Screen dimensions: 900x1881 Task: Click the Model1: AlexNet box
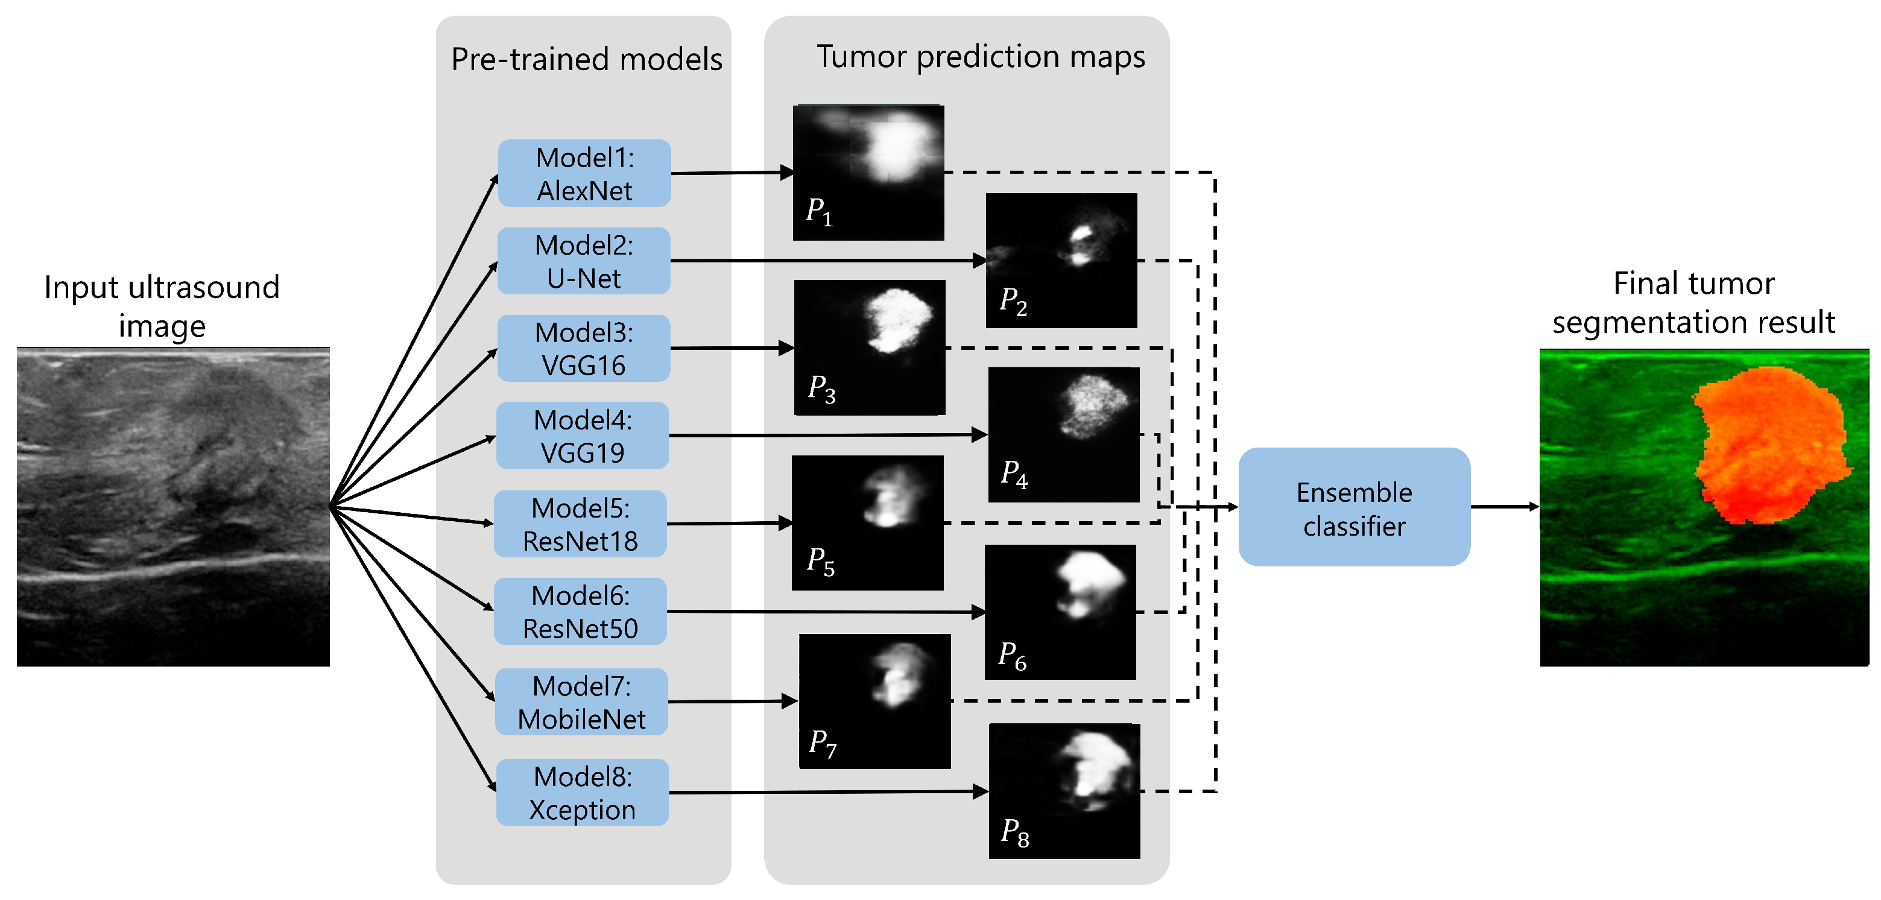(584, 173)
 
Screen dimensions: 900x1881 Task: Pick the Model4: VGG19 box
(582, 436)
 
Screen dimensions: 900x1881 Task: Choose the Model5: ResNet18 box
(581, 524)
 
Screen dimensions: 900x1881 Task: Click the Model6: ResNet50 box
(581, 612)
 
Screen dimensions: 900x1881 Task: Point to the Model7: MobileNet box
(581, 702)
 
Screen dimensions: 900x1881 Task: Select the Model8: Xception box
(582, 793)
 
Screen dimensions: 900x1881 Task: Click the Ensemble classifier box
(1354, 508)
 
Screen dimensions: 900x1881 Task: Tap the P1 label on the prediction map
(818, 211)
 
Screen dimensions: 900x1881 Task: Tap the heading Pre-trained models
(586, 59)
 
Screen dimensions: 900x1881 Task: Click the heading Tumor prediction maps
(980, 56)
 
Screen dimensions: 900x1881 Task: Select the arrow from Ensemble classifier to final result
(1503, 506)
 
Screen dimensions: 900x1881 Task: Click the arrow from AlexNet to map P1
(731, 173)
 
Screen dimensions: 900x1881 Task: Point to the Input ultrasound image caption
(162, 306)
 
